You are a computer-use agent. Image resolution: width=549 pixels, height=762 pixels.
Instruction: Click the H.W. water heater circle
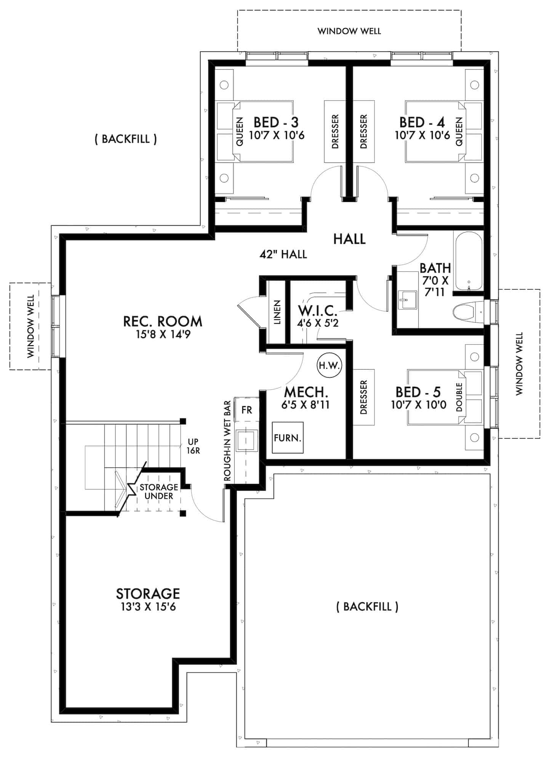point(330,365)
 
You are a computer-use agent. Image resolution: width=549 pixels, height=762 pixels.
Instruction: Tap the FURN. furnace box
point(288,437)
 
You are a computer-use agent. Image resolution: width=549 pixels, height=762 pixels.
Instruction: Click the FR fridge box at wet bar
point(247,410)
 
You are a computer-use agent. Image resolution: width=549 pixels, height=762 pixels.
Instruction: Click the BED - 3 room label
point(276,122)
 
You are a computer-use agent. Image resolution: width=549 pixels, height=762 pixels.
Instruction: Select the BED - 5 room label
point(418,392)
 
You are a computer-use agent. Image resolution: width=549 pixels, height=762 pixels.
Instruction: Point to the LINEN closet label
point(277,312)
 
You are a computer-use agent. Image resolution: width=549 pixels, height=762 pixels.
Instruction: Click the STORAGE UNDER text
point(159,491)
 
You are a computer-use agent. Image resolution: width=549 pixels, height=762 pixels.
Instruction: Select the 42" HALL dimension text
point(283,254)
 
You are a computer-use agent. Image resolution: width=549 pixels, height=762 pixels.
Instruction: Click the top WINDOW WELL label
point(349,31)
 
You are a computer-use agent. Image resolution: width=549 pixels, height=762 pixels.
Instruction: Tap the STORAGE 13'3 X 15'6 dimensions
point(148,607)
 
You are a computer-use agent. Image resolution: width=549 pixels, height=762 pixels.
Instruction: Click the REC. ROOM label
point(163,321)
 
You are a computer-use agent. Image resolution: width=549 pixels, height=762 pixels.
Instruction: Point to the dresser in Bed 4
point(363,131)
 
